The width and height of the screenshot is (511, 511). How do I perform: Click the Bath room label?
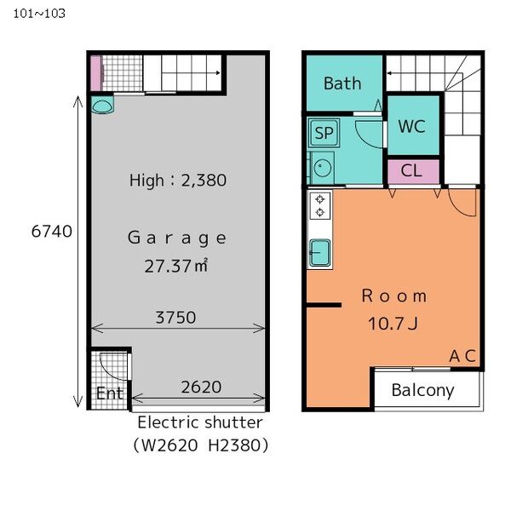(x=342, y=83)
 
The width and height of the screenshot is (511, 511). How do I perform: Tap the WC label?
(x=411, y=126)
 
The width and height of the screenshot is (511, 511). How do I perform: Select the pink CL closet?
(x=411, y=170)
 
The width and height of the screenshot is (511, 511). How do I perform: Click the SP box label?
(x=323, y=133)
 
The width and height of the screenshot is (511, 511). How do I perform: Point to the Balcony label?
(x=422, y=391)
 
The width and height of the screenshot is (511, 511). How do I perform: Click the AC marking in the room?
(x=462, y=355)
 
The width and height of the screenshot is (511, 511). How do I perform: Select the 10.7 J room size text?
(x=393, y=324)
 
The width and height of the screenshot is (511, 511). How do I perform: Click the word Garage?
(x=177, y=238)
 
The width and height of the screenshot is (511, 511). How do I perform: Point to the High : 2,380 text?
(x=177, y=180)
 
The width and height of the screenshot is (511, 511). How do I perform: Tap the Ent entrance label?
(x=108, y=393)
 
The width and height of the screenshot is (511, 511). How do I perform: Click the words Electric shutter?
(x=200, y=422)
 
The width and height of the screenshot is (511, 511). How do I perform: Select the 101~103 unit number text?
(x=38, y=13)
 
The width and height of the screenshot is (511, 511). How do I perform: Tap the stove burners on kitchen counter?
(x=320, y=205)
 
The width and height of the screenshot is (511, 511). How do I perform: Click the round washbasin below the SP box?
(x=321, y=168)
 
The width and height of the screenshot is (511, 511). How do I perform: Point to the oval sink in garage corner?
(x=102, y=106)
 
